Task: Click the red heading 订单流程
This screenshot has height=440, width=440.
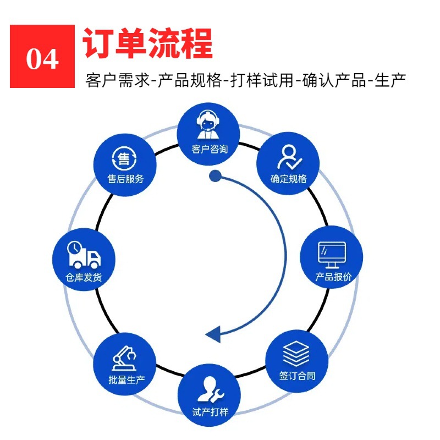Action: point(147,43)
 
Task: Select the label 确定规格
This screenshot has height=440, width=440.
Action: point(289,179)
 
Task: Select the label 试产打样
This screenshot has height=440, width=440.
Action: point(210,411)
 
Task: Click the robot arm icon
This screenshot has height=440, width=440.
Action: point(125,358)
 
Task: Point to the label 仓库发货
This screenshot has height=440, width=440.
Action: point(84,277)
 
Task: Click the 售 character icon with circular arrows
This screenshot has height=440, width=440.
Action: point(125,159)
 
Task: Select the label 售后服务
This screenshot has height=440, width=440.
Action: point(125,179)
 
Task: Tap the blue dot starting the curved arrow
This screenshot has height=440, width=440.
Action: point(215,176)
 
